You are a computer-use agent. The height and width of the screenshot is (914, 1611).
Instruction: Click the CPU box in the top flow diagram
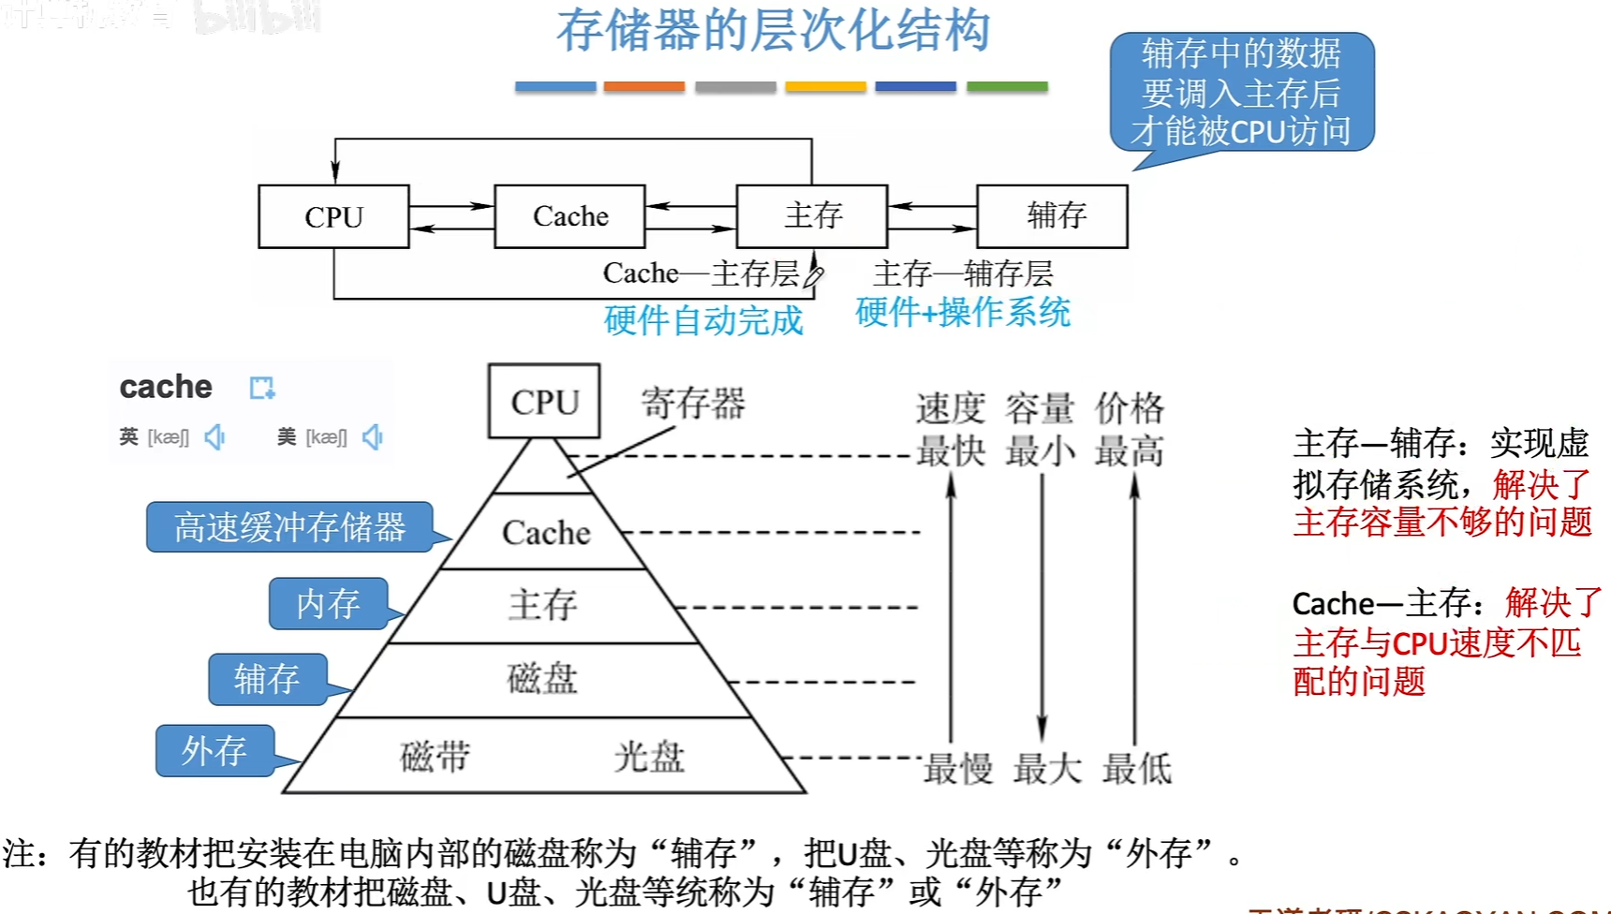tap(333, 216)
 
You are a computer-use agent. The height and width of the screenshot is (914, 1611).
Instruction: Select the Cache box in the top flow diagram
tap(569, 216)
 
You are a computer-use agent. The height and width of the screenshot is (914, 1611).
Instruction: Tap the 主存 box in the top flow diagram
tap(812, 216)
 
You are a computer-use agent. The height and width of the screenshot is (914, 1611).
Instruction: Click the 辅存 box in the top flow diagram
tap(1053, 216)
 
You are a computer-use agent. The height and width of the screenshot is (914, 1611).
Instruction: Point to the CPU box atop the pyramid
tap(544, 402)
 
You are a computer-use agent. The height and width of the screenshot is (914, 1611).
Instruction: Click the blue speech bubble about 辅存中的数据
tap(1241, 93)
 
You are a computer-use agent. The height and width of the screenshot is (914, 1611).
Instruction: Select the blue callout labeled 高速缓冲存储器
tap(289, 527)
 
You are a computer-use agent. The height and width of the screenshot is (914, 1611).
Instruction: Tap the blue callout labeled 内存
tap(328, 604)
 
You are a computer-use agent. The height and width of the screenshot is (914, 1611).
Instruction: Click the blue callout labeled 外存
tap(214, 751)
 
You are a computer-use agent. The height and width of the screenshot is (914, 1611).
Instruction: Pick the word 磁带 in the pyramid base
tap(435, 757)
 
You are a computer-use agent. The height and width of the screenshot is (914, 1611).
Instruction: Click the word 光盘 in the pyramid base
tap(649, 757)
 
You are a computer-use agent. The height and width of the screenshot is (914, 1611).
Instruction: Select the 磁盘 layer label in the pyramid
tap(542, 678)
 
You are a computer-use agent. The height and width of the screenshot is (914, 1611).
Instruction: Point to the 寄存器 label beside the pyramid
tap(693, 404)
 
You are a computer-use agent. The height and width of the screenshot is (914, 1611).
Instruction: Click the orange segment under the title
tap(644, 87)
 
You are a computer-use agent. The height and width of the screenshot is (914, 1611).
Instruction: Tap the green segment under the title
tap(1007, 87)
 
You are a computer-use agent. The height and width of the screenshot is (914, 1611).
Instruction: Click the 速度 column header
tap(950, 408)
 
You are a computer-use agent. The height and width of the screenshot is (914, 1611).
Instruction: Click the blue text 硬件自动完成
tap(703, 321)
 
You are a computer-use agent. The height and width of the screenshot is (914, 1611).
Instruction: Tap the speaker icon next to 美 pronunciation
tap(373, 437)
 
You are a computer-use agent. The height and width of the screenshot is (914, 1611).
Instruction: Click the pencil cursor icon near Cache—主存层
tap(813, 273)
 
